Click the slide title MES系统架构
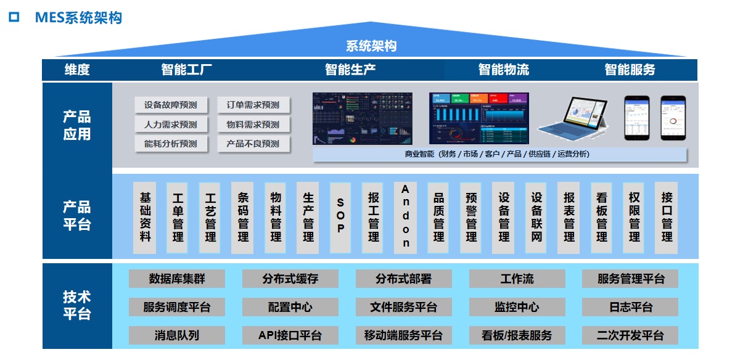[79, 17]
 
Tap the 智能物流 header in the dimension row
[503, 70]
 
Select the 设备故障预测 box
[170, 105]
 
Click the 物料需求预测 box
[253, 125]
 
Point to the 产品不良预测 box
[253, 144]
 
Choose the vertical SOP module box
[340, 217]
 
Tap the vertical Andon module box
[405, 217]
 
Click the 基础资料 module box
[146, 217]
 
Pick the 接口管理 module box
[667, 217]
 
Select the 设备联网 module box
[536, 217]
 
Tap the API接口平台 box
[290, 335]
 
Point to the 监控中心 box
[517, 307]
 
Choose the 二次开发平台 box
[630, 335]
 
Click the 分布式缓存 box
[290, 279]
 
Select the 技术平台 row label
[77, 305]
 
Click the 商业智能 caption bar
[500, 154]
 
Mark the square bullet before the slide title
[14, 17]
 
